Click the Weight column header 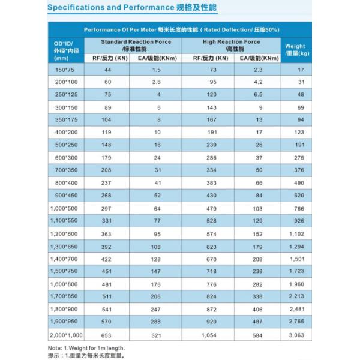point(295,50)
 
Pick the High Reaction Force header point(231,42)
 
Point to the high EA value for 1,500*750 point(259,271)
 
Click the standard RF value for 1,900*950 point(108,322)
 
